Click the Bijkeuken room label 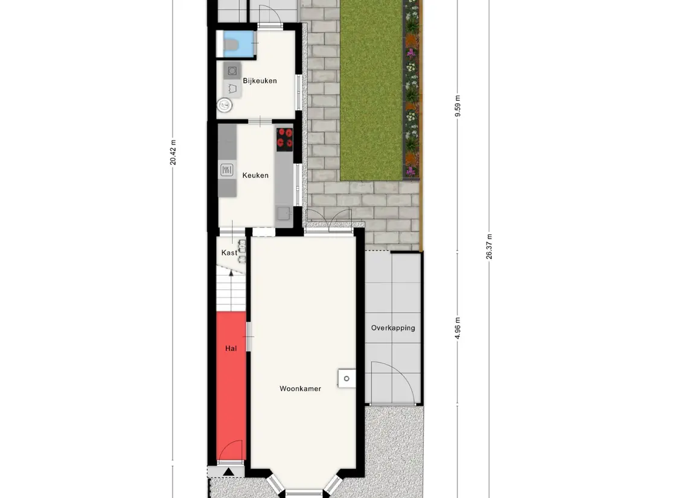click(x=260, y=81)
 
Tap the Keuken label click(x=255, y=176)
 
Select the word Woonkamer click(x=300, y=389)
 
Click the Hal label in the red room click(x=231, y=349)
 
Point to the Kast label click(x=229, y=253)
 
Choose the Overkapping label click(x=393, y=328)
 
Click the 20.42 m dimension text click(x=173, y=153)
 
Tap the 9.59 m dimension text click(x=458, y=106)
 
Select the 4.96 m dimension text click(x=458, y=328)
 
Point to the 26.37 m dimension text click(x=489, y=247)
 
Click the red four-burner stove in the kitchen click(x=285, y=137)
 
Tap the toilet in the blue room click(x=231, y=45)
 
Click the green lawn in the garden click(x=371, y=91)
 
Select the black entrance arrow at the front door click(x=228, y=472)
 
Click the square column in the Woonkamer click(x=347, y=378)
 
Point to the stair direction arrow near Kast click(x=231, y=278)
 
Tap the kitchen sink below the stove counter click(x=284, y=213)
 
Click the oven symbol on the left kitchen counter click(x=226, y=170)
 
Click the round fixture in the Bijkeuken click(x=224, y=104)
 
